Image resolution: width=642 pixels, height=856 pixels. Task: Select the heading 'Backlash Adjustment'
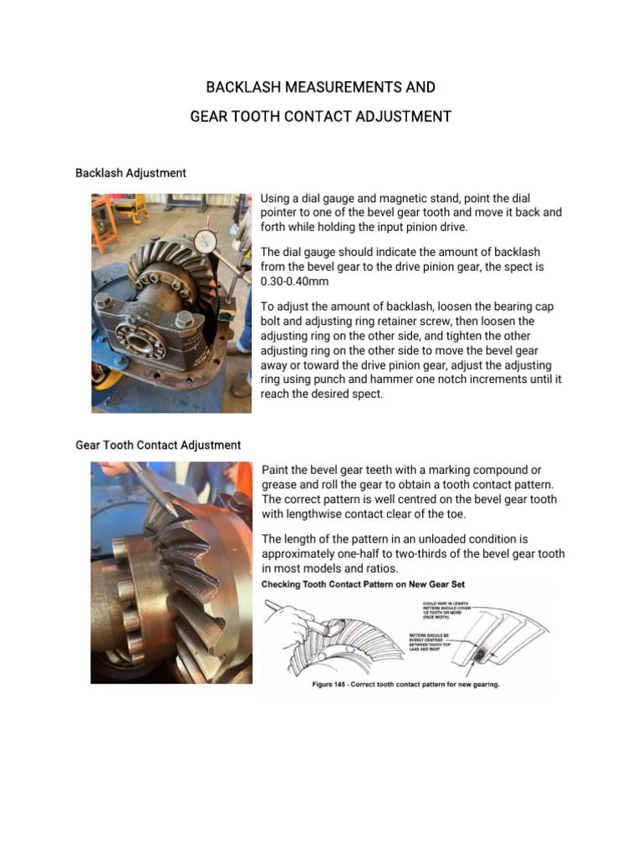tap(130, 173)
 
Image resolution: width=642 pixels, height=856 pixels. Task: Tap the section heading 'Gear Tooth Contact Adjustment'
tap(158, 446)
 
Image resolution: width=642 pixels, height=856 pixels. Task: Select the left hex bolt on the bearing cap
tap(104, 300)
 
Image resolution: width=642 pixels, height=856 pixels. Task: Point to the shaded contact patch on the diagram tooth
tap(479, 657)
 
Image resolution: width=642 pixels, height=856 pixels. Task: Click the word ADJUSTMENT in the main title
tap(399, 117)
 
